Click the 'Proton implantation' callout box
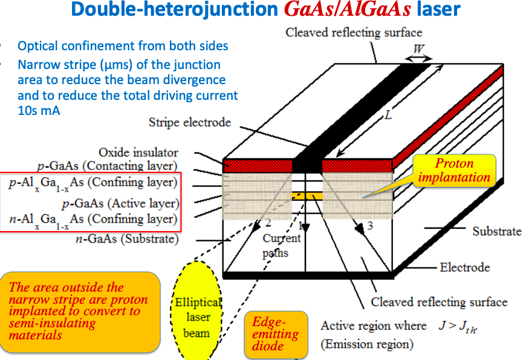point(454,170)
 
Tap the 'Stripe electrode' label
point(189,122)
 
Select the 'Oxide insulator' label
point(138,152)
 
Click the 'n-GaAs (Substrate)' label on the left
point(127,239)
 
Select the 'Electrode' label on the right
point(464,267)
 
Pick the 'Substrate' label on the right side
point(496,231)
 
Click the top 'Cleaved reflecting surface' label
point(354,32)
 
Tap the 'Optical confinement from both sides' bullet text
point(123,46)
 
